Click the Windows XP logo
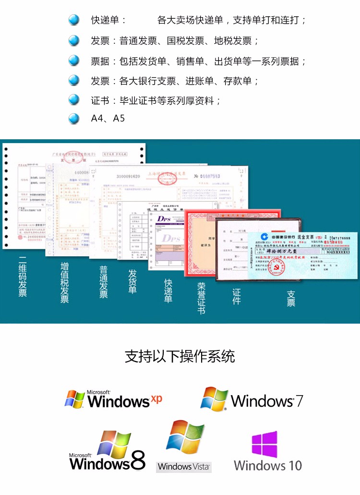(114, 399)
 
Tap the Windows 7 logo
(252, 399)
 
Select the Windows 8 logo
(108, 451)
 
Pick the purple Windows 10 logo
(267, 451)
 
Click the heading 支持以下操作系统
(180, 357)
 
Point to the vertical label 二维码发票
(23, 278)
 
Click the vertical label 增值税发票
(64, 282)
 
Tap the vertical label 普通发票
(103, 282)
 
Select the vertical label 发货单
(132, 281)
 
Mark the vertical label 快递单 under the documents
(168, 290)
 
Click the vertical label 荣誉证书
(201, 298)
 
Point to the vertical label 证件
(236, 296)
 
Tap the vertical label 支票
(291, 298)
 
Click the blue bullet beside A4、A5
(74, 118)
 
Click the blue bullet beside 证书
(74, 100)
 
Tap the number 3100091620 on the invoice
(128, 176)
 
